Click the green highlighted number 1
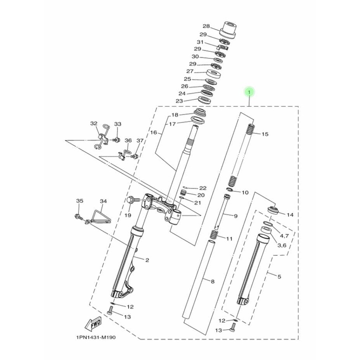[249, 92]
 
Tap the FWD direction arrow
[93, 323]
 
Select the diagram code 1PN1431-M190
[96, 337]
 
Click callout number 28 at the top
[206, 26]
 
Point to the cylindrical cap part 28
[228, 29]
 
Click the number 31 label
[200, 42]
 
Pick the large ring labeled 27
[213, 73]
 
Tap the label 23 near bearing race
[179, 101]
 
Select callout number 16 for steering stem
[154, 132]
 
